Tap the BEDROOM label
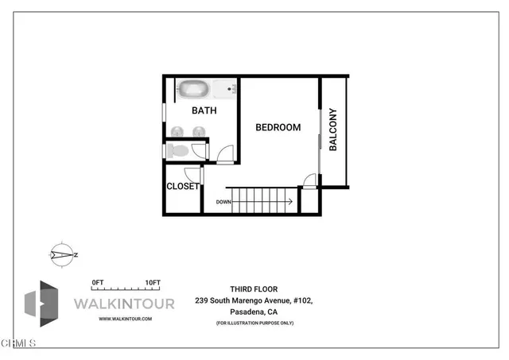click(x=278, y=127)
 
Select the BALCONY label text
click(x=333, y=130)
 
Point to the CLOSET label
click(x=182, y=187)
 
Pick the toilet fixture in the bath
click(x=179, y=149)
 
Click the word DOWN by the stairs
click(x=223, y=201)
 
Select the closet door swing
click(x=192, y=175)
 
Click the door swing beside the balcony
click(x=310, y=180)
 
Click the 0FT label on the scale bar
click(x=99, y=282)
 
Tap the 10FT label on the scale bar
click(x=153, y=282)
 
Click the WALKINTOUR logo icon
click(x=41, y=304)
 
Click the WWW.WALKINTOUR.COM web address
click(x=125, y=319)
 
